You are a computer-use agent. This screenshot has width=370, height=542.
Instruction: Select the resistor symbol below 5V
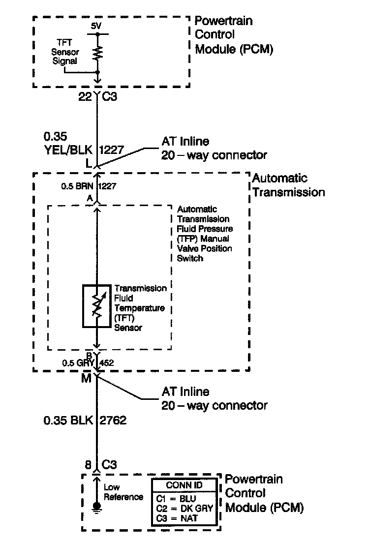(97, 53)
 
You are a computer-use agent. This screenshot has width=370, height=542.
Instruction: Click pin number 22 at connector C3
(85, 97)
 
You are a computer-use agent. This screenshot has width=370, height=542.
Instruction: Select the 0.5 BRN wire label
(78, 187)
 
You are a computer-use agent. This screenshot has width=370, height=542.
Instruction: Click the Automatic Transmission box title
(288, 185)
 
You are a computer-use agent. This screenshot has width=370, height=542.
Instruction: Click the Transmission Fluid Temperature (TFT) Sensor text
(140, 308)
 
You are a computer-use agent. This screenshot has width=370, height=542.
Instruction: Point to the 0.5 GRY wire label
(78, 363)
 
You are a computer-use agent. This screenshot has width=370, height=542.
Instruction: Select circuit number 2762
(114, 421)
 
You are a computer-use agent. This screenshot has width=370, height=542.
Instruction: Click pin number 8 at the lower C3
(89, 464)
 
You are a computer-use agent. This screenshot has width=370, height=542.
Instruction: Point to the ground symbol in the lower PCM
(97, 507)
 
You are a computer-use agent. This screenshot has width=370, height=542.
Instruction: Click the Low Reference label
(123, 492)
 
